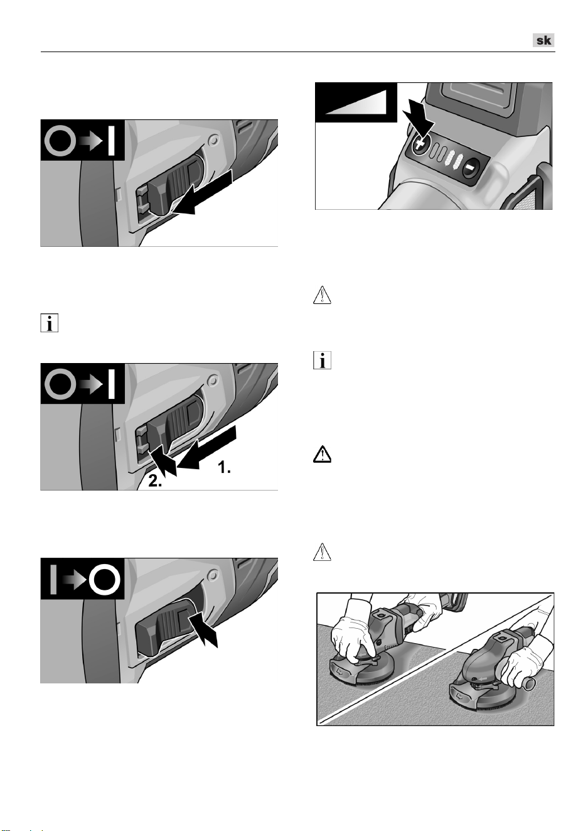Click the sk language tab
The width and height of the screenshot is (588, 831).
click(543, 40)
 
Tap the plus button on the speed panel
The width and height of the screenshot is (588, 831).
click(420, 145)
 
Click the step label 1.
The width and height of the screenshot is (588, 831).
click(224, 467)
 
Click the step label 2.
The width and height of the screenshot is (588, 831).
click(155, 481)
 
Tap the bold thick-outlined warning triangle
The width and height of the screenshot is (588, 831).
click(322, 454)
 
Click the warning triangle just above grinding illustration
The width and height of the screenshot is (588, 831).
click(322, 552)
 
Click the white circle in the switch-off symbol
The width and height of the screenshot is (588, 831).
click(105, 580)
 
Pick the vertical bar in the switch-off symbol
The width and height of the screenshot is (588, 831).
click(53, 580)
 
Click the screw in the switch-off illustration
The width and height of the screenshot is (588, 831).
click(213, 576)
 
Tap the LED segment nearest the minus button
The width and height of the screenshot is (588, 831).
click(458, 162)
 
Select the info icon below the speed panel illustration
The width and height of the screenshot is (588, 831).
click(322, 360)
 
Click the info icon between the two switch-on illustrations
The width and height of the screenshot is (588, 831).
click(50, 323)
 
